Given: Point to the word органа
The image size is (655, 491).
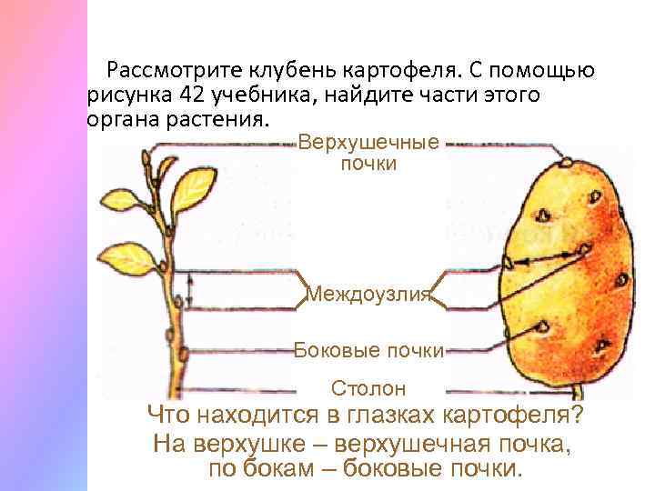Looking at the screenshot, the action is [121, 120].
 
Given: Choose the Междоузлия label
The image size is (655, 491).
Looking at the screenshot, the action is [368, 294].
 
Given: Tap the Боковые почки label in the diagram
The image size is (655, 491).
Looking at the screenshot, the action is [368, 350].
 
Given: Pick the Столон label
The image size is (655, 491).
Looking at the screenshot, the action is [368, 389].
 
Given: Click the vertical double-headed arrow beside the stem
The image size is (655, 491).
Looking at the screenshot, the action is [191, 292].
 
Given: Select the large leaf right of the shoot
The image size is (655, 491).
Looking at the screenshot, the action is [193, 189].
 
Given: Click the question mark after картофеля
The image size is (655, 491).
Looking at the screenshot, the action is [579, 417].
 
